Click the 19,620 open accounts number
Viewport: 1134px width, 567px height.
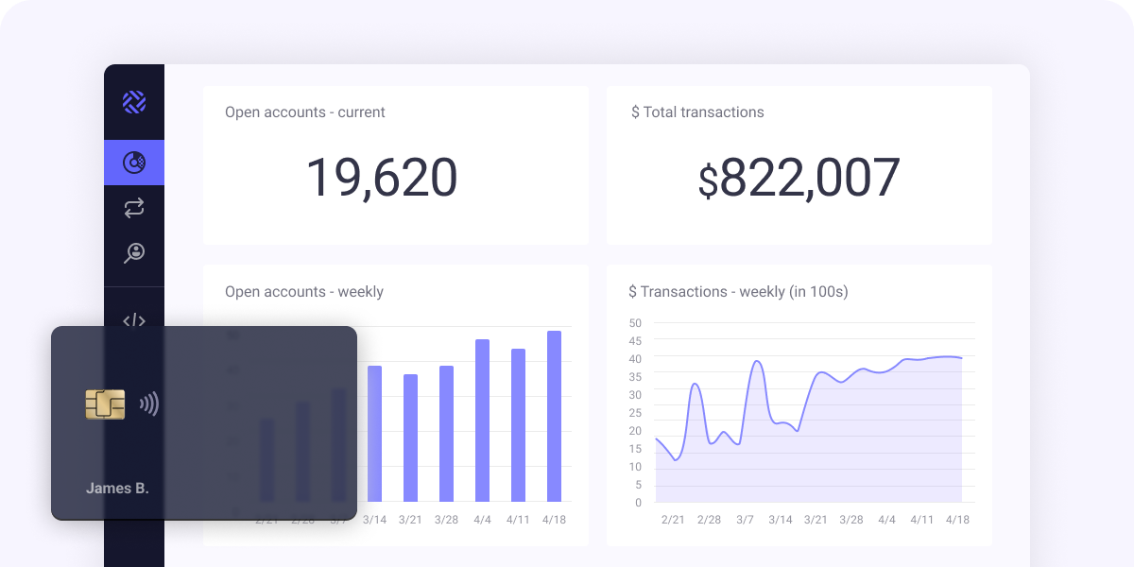[x=381, y=178]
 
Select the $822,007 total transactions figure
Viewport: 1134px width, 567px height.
[x=799, y=178]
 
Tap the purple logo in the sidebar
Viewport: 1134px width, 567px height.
[x=134, y=102]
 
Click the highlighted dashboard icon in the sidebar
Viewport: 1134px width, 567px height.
[x=134, y=163]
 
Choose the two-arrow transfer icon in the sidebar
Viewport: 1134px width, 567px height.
[x=134, y=208]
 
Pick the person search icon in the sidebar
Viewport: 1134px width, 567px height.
[x=134, y=252]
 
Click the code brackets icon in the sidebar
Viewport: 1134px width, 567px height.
[x=134, y=320]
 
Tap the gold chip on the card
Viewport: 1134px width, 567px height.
[x=105, y=404]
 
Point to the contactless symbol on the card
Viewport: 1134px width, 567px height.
[x=149, y=404]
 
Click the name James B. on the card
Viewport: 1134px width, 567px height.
[x=117, y=489]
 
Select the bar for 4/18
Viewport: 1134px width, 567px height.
[x=554, y=416]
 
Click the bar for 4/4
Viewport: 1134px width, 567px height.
[x=482, y=421]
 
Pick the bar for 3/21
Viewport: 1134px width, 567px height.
[x=410, y=438]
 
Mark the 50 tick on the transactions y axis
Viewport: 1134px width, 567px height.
[x=635, y=323]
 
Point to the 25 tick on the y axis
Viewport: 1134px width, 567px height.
[x=635, y=413]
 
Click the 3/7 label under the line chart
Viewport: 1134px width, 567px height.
[x=745, y=520]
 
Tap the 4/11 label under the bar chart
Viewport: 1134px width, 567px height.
[x=518, y=520]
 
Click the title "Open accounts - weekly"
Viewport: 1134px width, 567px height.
[x=304, y=292]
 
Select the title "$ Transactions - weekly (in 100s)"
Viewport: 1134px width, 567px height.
[x=738, y=292]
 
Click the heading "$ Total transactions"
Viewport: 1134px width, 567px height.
[x=697, y=112]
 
